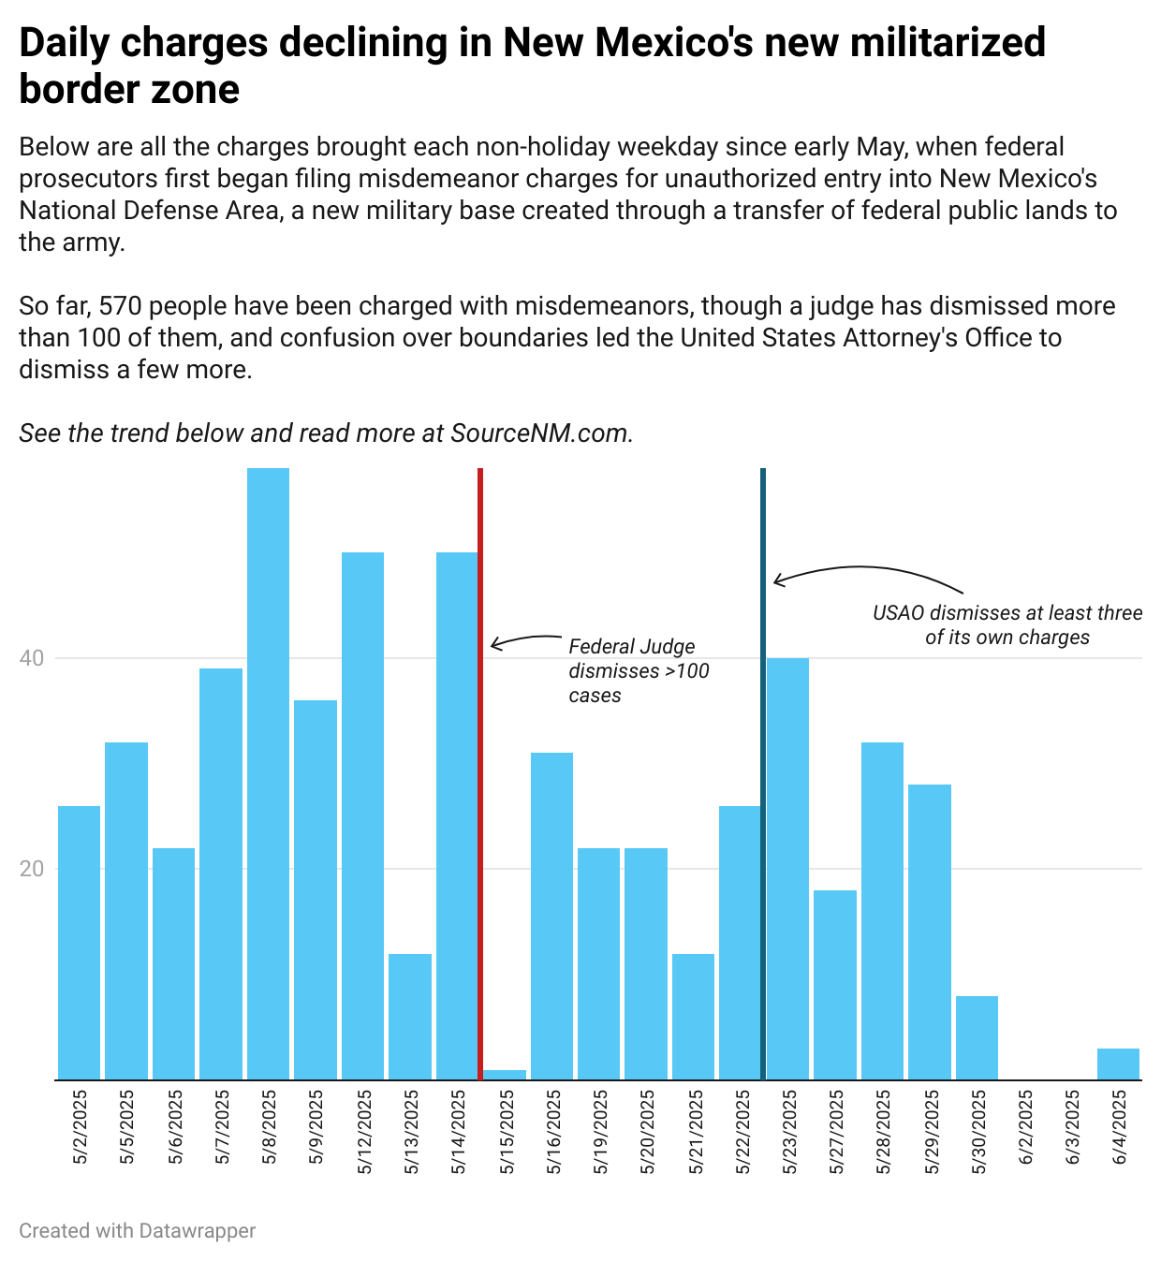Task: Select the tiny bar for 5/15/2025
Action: tap(505, 1075)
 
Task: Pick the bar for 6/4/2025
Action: tap(1118, 1064)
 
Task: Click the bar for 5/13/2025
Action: tap(410, 1017)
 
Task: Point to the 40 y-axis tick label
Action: tap(31, 658)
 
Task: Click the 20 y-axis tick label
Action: tap(31, 869)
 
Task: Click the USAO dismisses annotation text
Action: tap(1007, 624)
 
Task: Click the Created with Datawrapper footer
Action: tap(137, 1230)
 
